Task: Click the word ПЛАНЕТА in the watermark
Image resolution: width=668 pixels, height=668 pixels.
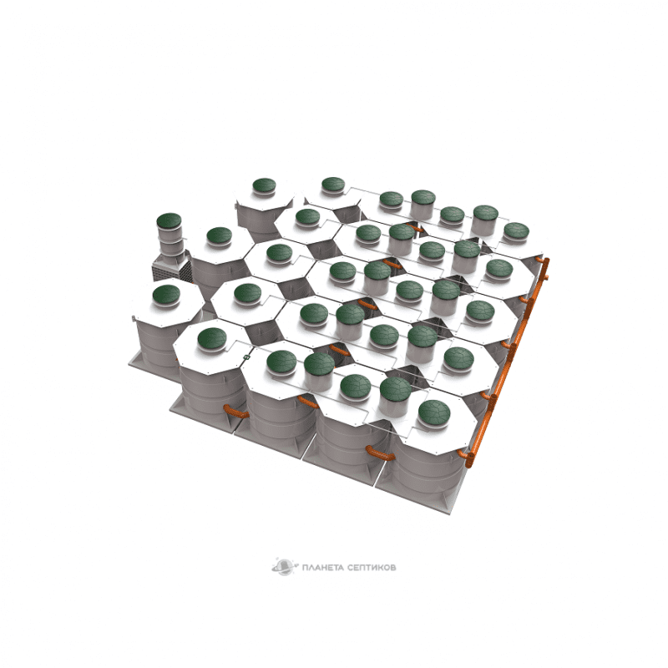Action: [x=322, y=568]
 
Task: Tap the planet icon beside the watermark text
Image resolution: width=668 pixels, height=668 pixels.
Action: [x=284, y=567]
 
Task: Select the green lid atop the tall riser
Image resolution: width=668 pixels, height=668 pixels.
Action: [x=170, y=221]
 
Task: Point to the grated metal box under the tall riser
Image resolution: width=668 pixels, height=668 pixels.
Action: [x=172, y=266]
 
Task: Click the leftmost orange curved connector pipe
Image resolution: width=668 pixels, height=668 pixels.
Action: [x=235, y=412]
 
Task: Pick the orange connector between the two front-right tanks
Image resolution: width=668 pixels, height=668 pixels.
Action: [x=380, y=453]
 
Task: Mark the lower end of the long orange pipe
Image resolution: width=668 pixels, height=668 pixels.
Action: [x=469, y=463]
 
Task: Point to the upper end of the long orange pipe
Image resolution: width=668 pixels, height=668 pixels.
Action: [x=545, y=261]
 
